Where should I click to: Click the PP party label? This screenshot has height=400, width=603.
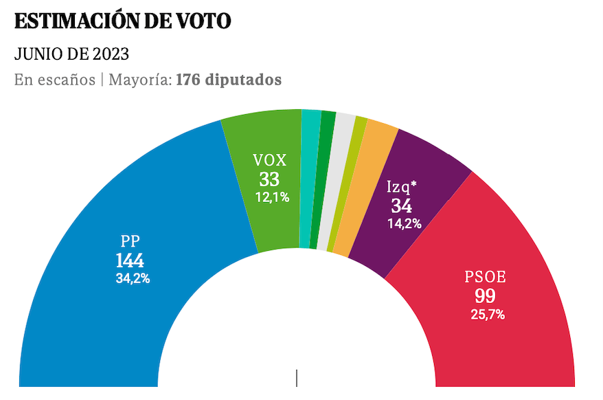[132, 242]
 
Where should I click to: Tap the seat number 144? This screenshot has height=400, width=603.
[130, 261]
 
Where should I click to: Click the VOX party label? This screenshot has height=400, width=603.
[270, 160]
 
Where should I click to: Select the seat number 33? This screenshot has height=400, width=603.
[269, 179]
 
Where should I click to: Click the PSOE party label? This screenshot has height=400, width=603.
[485, 278]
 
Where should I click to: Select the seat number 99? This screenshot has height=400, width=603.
[485, 297]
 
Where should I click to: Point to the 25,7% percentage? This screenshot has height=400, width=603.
[487, 315]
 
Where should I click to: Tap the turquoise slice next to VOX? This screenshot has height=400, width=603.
[308, 179]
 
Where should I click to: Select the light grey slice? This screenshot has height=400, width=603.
[337, 182]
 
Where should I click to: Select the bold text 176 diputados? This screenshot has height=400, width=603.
[229, 80]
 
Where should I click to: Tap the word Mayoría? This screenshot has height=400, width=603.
[139, 80]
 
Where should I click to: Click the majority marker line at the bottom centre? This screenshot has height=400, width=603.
[297, 378]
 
